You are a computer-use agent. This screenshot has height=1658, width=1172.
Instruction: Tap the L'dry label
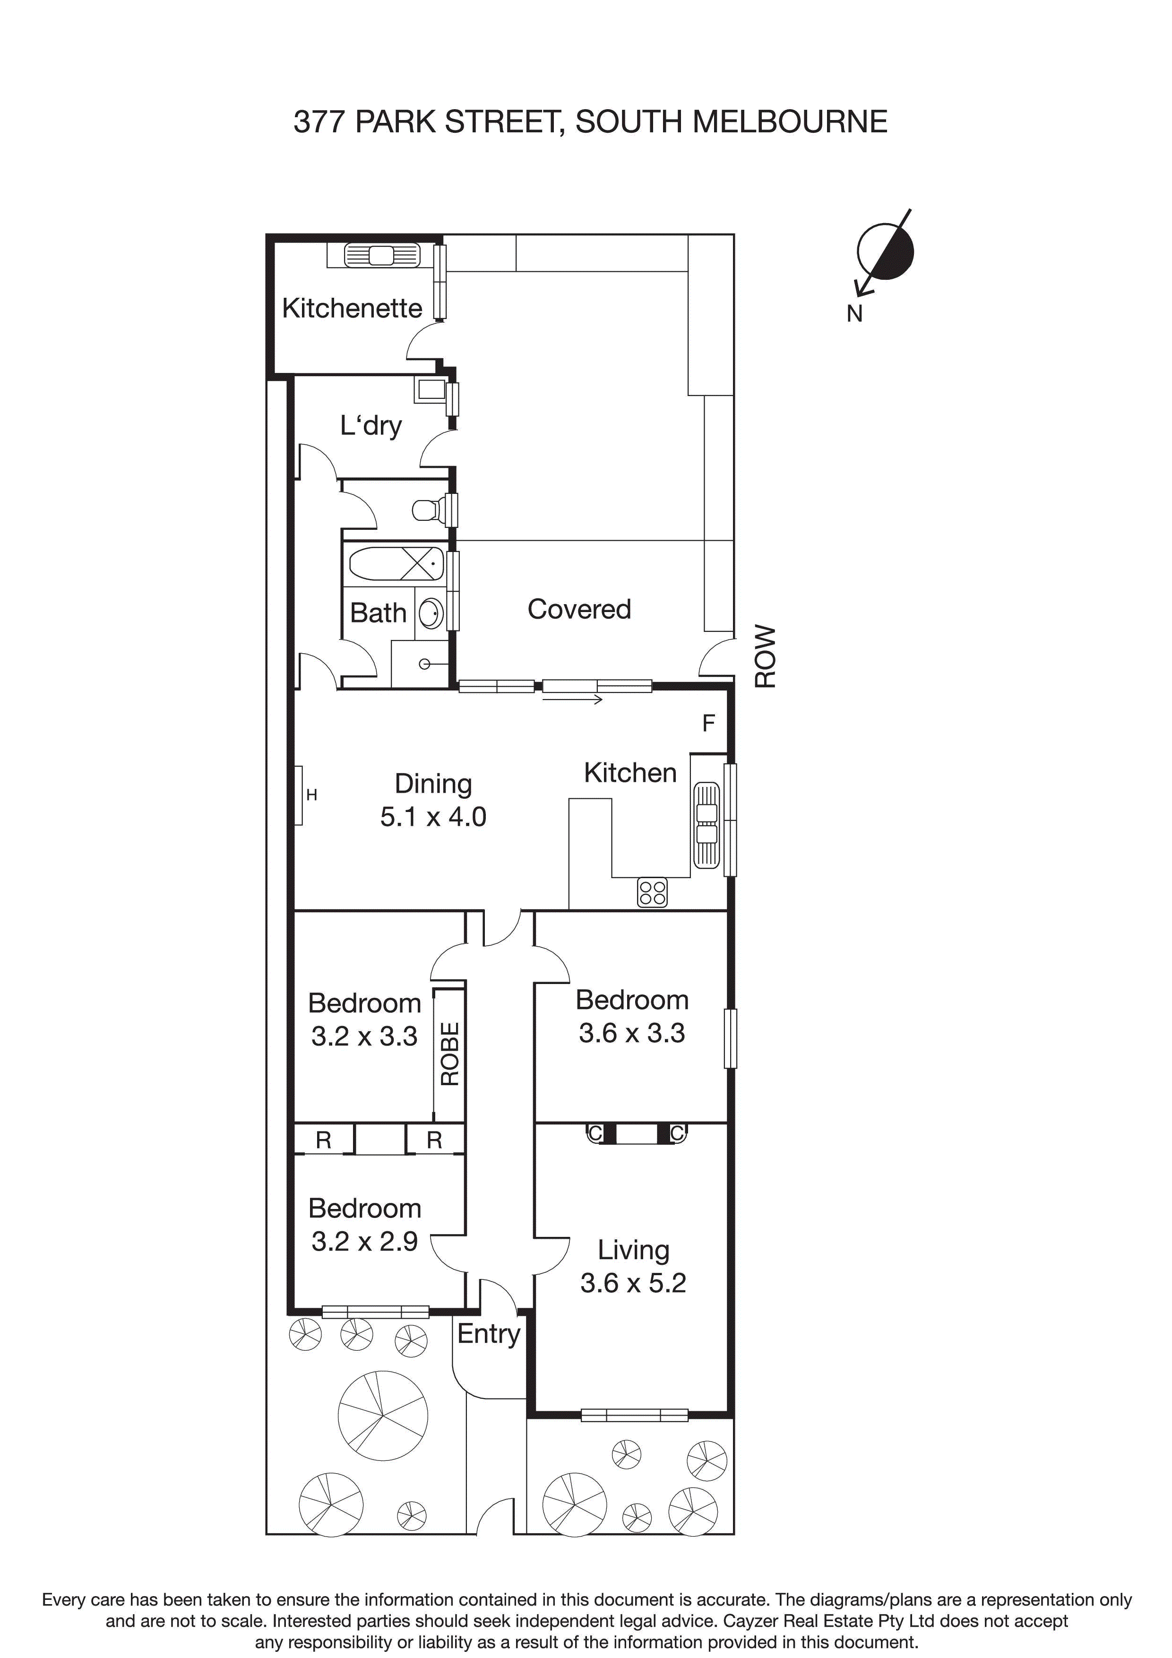click(x=371, y=425)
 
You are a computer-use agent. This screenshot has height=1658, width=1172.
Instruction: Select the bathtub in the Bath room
click(x=396, y=564)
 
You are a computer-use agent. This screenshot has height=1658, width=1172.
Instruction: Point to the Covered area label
click(x=579, y=610)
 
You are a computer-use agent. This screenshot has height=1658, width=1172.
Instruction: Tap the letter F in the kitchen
click(x=708, y=723)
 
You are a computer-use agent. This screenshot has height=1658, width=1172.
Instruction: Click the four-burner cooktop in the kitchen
click(x=652, y=892)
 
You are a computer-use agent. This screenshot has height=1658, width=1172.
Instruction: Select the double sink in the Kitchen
click(x=707, y=825)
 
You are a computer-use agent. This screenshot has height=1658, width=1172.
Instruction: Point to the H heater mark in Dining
click(x=311, y=795)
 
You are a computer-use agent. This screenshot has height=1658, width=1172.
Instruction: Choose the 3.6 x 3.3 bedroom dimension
click(x=632, y=1033)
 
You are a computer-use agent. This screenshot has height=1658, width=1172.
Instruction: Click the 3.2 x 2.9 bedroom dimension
click(x=365, y=1241)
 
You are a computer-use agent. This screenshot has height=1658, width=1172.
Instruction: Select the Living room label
click(x=633, y=1250)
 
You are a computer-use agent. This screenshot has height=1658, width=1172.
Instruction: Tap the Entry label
click(x=489, y=1334)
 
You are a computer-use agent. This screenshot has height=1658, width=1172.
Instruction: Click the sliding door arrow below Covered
click(x=573, y=699)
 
